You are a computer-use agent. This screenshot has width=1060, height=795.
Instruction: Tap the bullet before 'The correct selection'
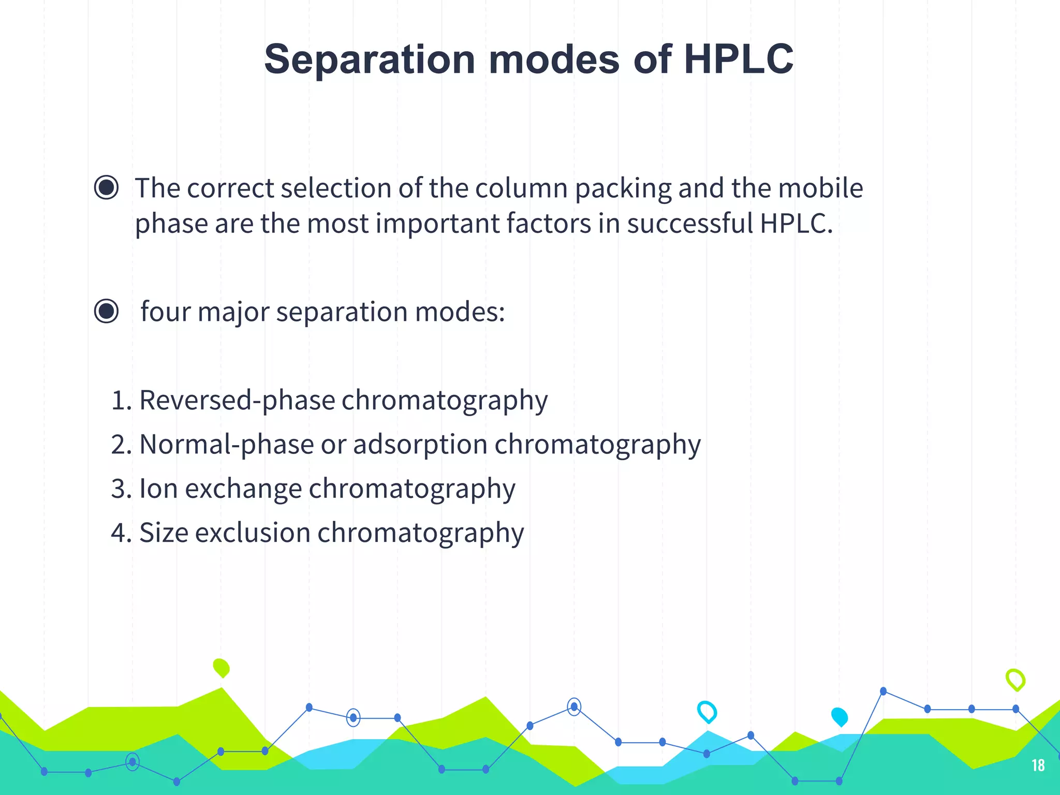coord(107,187)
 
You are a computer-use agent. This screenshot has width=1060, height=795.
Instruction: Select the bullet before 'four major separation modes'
coord(107,311)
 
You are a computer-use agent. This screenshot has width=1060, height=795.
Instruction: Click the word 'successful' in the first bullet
coord(690,223)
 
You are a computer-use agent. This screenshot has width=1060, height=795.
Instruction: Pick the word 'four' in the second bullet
coord(165,312)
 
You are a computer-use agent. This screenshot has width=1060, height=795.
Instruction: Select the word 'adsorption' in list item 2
coord(420,445)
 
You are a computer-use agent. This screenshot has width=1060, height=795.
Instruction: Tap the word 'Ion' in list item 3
coord(158,489)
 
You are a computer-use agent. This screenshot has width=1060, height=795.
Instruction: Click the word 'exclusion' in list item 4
coord(252,533)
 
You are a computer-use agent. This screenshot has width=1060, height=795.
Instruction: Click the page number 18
coord(1038,765)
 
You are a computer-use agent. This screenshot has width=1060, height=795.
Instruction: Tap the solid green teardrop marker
coord(222,668)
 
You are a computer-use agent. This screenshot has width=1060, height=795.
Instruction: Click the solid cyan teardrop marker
coord(840,717)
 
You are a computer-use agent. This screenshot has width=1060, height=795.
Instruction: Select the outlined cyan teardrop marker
coord(707,712)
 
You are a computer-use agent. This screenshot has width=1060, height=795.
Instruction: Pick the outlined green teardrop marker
coord(1015,680)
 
